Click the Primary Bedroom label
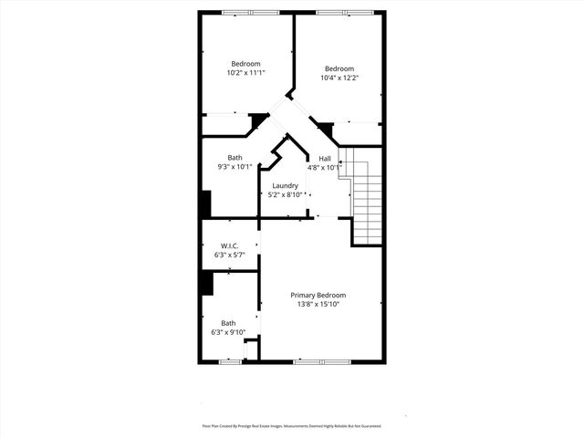(318, 296)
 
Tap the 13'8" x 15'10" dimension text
(318, 305)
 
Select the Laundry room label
(285, 185)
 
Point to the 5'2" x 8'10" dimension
(285, 194)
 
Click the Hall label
(325, 159)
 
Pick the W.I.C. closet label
(229, 246)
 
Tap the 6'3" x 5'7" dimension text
(229, 255)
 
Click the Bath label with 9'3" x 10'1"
(235, 158)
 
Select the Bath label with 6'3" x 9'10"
(228, 323)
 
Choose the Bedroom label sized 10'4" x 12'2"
(339, 68)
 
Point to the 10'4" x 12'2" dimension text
(339, 78)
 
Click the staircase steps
(366, 205)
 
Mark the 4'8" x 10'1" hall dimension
(325, 168)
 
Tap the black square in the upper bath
(205, 203)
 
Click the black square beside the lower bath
(206, 283)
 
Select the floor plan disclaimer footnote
(292, 426)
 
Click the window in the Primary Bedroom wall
(322, 362)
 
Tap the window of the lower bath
(230, 362)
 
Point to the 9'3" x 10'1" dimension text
(235, 167)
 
